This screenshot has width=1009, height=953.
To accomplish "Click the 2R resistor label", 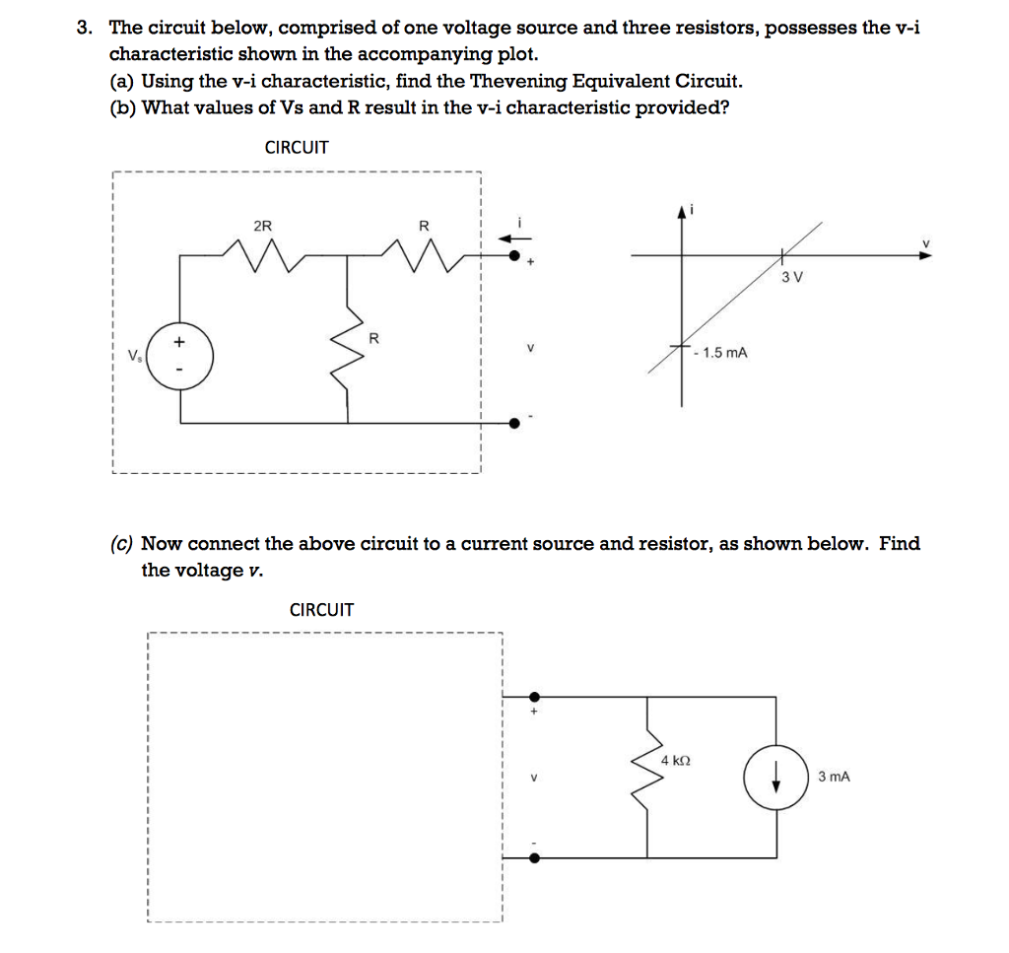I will tap(262, 226).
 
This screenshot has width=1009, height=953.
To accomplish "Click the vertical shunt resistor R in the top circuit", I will tap(349, 360).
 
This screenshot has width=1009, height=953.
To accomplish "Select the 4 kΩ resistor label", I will tap(676, 761).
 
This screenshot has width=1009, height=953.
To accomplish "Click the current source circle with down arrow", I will tap(777, 777).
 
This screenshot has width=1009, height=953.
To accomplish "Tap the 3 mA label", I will tap(834, 777).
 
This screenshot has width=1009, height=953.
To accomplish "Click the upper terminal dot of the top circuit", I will tap(514, 255).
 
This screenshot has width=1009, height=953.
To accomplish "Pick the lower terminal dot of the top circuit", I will tap(514, 424).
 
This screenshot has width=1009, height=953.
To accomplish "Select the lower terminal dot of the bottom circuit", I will tap(534, 857).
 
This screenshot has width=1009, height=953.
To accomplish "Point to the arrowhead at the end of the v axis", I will tap(923, 255).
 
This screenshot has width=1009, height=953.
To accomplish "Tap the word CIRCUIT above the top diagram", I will tap(297, 148).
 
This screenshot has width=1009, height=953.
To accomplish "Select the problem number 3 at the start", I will tap(85, 28).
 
